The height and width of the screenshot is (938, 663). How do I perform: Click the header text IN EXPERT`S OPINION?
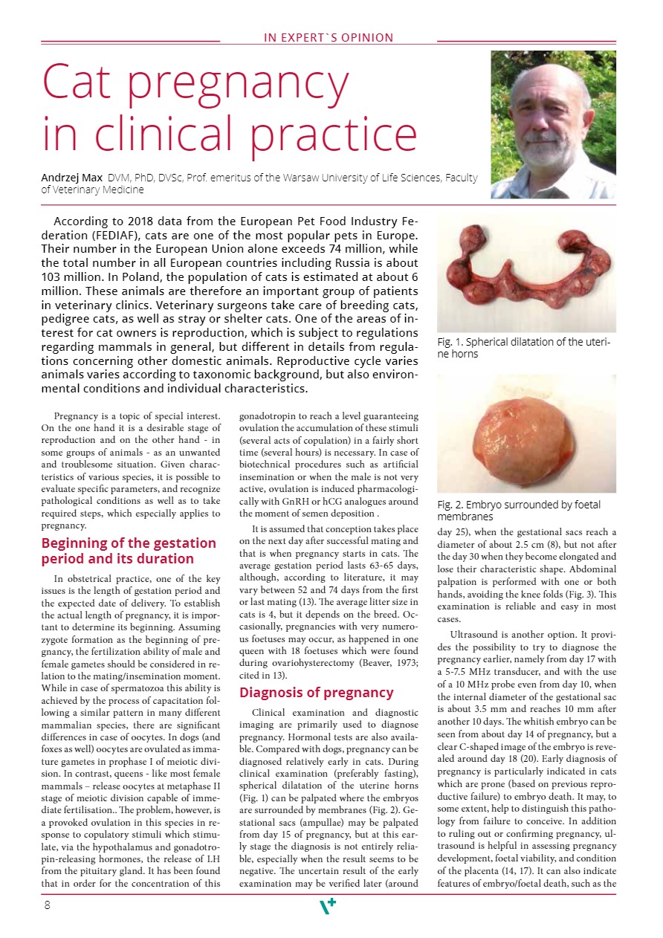(329, 37)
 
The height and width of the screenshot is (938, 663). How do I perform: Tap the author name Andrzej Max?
(72, 178)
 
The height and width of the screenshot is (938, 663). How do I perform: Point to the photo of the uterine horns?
(526, 274)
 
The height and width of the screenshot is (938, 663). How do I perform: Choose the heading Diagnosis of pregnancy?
(316, 692)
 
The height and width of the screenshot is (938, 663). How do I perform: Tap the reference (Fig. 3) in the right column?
(567, 595)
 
